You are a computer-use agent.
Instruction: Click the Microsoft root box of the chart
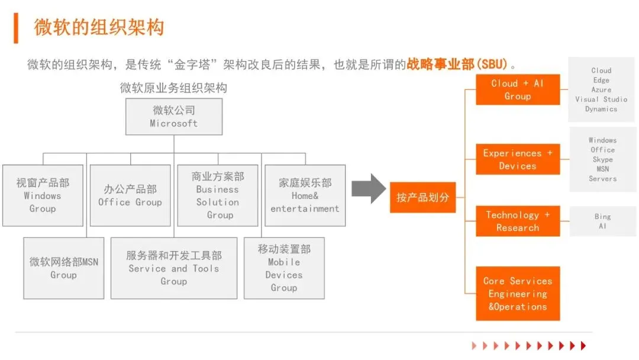click(x=173, y=117)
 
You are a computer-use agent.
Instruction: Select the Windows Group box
click(x=43, y=195)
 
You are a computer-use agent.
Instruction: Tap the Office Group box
click(x=130, y=195)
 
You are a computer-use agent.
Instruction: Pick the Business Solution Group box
click(x=218, y=195)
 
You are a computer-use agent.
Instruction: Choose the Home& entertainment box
click(x=305, y=195)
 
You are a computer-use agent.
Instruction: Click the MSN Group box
click(x=64, y=268)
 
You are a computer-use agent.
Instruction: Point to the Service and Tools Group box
click(x=174, y=268)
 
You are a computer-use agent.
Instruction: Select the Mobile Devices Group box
click(x=284, y=268)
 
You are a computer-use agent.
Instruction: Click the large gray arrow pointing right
click(x=368, y=189)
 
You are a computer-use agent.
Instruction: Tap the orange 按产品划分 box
click(x=422, y=197)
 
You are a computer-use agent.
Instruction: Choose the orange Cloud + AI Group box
click(x=518, y=90)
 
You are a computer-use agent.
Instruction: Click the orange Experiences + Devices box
click(x=518, y=159)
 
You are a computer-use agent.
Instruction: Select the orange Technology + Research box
click(x=518, y=221)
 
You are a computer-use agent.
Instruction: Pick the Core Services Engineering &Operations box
click(x=518, y=294)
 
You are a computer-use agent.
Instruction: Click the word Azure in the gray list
click(x=601, y=90)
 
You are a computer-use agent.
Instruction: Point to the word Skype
click(x=602, y=159)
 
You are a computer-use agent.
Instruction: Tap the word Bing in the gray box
click(x=602, y=217)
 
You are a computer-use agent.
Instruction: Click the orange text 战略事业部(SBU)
click(x=457, y=64)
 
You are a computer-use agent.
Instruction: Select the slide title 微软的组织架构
click(x=99, y=27)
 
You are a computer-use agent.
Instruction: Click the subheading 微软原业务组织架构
click(x=173, y=88)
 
